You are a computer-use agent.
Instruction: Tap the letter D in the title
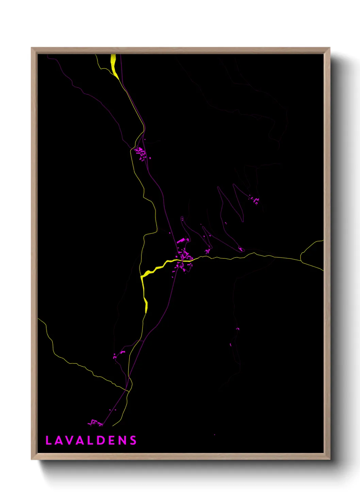coord(101,440)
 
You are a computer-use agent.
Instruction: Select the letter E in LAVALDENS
coord(112,440)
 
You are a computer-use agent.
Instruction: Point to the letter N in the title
coord(122,440)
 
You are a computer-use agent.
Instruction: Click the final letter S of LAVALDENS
coord(133,440)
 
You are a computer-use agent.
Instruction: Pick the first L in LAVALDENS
coord(48,440)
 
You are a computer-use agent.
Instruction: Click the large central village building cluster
coord(185,258)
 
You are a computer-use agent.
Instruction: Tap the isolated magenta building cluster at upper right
coord(255,200)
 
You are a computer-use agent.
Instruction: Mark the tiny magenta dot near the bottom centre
coord(214,435)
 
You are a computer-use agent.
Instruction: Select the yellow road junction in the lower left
coord(128,391)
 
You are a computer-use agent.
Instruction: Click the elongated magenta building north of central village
coord(181,241)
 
